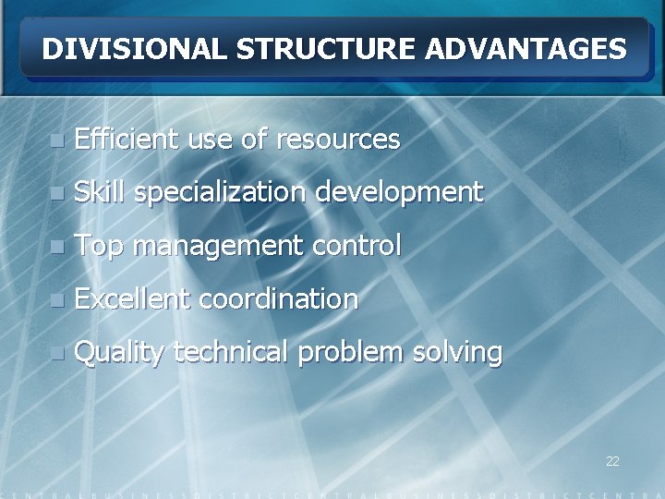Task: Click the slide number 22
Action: click(x=612, y=461)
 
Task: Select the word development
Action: click(x=398, y=193)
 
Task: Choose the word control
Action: click(x=357, y=246)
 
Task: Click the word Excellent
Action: click(x=132, y=298)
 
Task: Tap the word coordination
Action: click(x=278, y=298)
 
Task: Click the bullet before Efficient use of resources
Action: click(x=57, y=141)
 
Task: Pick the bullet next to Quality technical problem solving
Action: click(x=57, y=353)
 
